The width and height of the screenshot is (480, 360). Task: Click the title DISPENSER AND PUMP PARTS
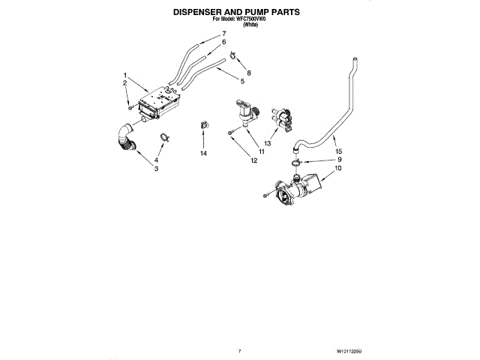point(236,13)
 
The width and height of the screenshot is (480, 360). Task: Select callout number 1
point(124,75)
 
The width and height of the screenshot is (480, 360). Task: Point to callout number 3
point(156,169)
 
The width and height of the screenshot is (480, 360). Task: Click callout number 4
point(156,160)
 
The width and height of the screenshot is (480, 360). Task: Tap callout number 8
point(249,72)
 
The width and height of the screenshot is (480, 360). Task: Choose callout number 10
point(337,169)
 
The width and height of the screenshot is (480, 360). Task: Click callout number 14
point(202,153)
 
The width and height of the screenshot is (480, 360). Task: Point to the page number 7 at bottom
point(239,350)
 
